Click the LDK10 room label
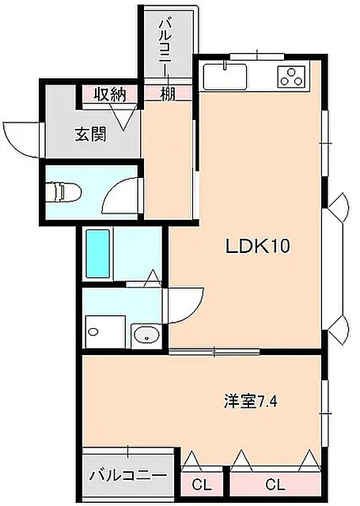click(258, 247)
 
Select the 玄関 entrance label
click(90, 134)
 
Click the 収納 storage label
click(110, 95)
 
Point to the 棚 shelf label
click(168, 94)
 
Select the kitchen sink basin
click(225, 77)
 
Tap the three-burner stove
click(291, 77)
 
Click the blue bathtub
click(98, 253)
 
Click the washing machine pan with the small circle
click(105, 332)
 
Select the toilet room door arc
click(120, 196)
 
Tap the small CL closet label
click(202, 484)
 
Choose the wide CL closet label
click(275, 484)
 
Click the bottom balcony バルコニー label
click(128, 475)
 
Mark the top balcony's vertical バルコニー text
click(168, 46)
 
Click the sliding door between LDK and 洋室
click(214, 351)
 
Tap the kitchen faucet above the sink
click(225, 65)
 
